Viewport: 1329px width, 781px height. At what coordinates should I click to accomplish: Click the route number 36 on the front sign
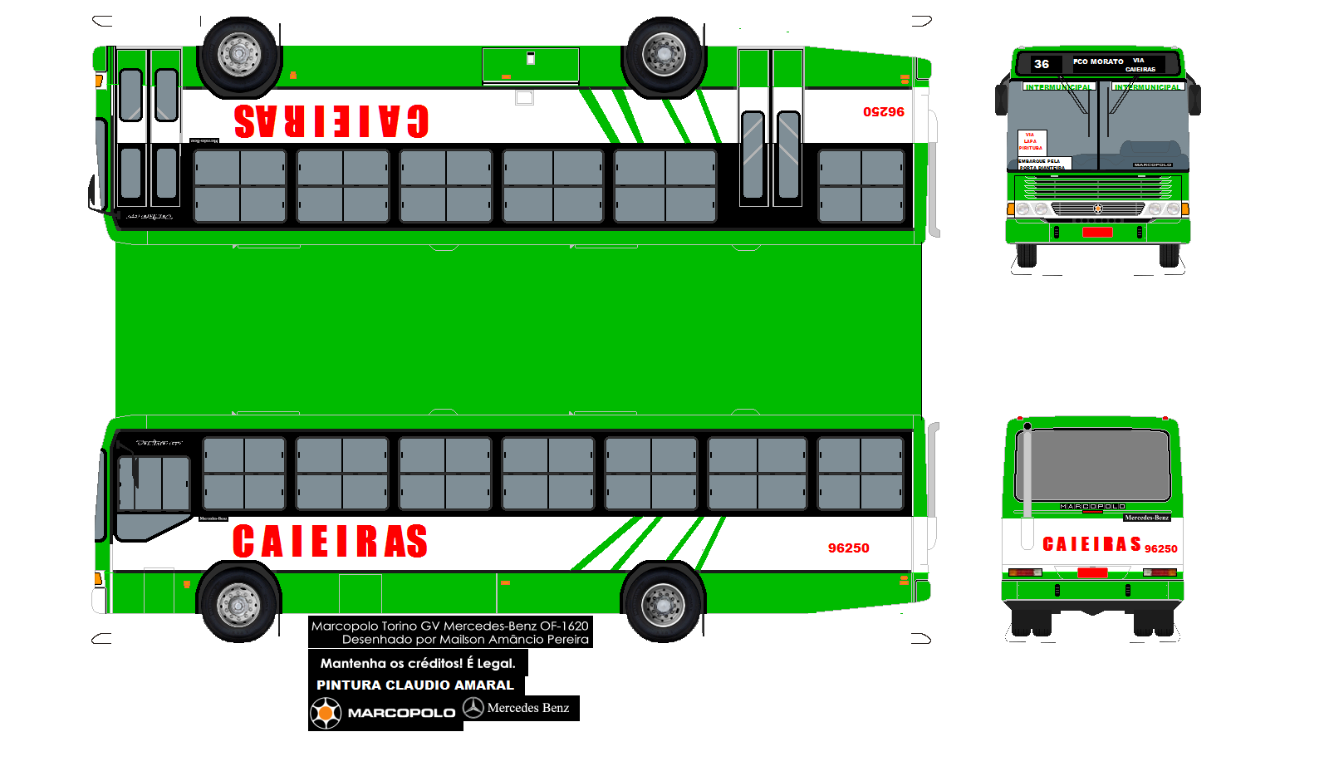[1041, 64]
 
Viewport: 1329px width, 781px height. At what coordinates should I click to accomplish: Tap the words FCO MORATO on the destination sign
[1097, 61]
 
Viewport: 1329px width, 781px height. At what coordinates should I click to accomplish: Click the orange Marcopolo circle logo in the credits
[326, 713]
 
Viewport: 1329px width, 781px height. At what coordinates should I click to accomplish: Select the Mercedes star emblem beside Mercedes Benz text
[473, 708]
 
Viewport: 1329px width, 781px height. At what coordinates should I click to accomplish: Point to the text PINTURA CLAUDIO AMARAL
[415, 685]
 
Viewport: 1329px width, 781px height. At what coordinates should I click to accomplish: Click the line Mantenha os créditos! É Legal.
[418, 663]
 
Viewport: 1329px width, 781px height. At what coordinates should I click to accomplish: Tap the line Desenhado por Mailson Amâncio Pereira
[465, 640]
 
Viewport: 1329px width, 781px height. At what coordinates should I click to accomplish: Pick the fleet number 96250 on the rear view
[1160, 549]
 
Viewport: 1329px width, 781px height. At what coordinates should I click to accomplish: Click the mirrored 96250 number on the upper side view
[883, 111]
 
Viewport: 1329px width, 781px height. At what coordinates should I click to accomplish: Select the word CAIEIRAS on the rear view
[1091, 544]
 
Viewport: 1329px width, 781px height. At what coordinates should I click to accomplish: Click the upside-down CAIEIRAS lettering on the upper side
[331, 121]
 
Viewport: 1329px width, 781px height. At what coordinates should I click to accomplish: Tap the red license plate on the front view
[1096, 232]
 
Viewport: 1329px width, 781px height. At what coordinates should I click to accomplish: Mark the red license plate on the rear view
[1092, 572]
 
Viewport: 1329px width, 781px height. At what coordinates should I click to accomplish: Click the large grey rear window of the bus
[1092, 465]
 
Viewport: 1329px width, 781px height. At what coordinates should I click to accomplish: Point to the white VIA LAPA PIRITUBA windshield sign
[1032, 141]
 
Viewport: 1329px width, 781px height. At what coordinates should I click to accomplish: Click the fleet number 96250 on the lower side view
[848, 548]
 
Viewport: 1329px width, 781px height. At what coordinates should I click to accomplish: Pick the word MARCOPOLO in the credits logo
[401, 713]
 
